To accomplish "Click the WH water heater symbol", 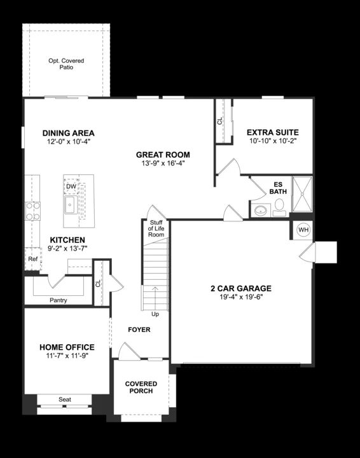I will pyautogui.click(x=303, y=230).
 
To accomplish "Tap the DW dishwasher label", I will pyautogui.click(x=71, y=186).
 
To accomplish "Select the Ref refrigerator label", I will pyautogui.click(x=32, y=260).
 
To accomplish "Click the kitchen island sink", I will pyautogui.click(x=70, y=205).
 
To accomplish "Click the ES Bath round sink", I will pyautogui.click(x=260, y=210).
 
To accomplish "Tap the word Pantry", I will pyautogui.click(x=58, y=300).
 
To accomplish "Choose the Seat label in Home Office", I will pyautogui.click(x=65, y=399).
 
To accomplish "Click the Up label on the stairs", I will pyautogui.click(x=155, y=314).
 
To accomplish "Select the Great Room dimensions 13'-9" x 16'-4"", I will pyautogui.click(x=163, y=163).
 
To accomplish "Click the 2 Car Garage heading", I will pyautogui.click(x=241, y=288).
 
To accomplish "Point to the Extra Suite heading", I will pyautogui.click(x=273, y=132).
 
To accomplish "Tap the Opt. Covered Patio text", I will pyautogui.click(x=66, y=64).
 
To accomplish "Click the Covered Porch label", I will pyautogui.click(x=141, y=387).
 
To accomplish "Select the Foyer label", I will pyautogui.click(x=139, y=330).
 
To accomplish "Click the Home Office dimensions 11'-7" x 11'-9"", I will pyautogui.click(x=67, y=356).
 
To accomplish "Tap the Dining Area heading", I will pyautogui.click(x=68, y=133).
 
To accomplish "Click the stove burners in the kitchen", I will pyautogui.click(x=32, y=211).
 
